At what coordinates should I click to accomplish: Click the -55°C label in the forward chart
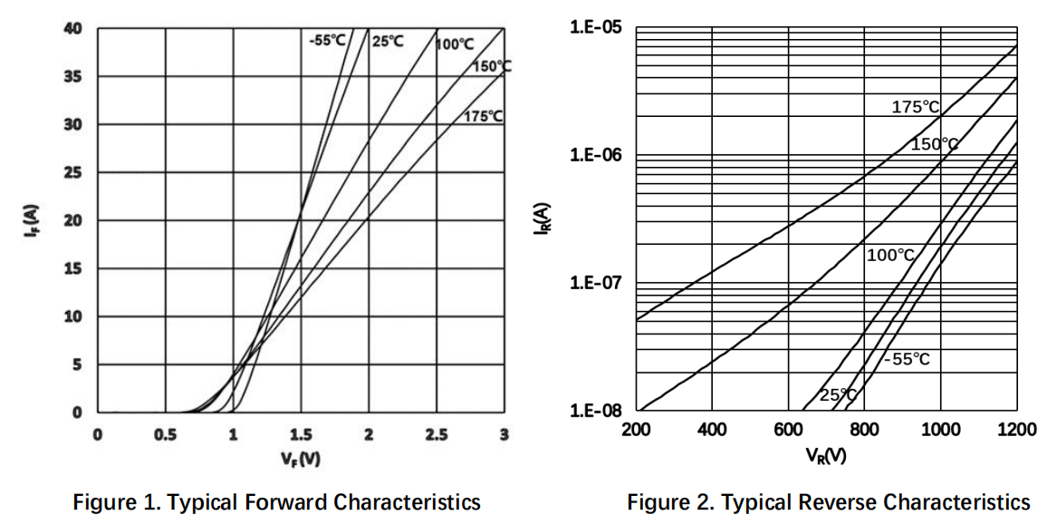point(328,41)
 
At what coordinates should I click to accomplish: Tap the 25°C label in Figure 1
point(388,41)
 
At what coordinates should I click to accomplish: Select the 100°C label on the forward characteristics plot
point(455,44)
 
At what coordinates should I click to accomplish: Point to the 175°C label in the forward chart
point(485,116)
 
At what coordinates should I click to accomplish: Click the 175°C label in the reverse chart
point(916,107)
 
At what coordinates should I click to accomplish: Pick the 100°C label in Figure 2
point(890,255)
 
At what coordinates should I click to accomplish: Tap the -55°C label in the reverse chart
point(907,360)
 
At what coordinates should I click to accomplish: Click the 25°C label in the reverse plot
point(838,395)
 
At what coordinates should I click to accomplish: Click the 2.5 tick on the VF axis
point(436,435)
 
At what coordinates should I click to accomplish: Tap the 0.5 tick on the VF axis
point(166,435)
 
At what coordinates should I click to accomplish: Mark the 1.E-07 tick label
point(596,282)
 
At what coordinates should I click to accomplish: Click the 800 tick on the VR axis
point(865,429)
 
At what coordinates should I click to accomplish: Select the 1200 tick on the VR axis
point(1017,429)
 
